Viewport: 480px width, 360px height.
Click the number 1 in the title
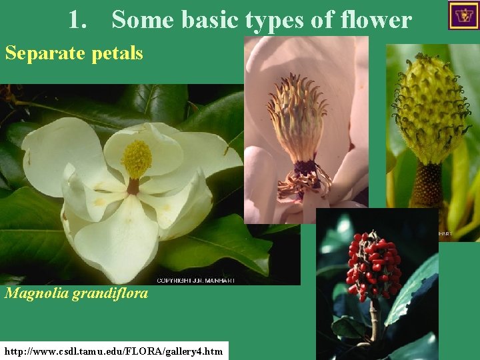(75, 20)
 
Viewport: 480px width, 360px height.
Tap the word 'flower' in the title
(377, 20)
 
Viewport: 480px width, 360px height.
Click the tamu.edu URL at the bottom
(114, 351)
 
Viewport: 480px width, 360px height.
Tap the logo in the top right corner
(463, 15)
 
